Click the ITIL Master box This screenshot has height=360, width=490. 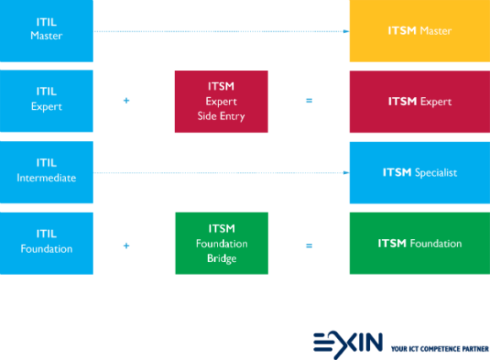tap(46, 30)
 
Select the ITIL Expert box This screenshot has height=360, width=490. tap(46, 101)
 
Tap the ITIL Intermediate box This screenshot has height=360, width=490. tap(46, 172)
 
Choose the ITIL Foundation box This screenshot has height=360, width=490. tap(46, 243)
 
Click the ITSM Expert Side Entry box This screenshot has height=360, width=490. tap(221, 101)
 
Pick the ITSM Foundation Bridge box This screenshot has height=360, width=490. tap(221, 243)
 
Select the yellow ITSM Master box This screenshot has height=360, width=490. tap(420, 30)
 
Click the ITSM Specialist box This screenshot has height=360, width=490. tap(420, 172)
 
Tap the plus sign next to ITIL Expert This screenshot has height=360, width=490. tap(126, 101)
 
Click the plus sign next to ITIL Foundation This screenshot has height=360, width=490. tap(126, 246)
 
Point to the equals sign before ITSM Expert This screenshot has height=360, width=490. tap(309, 101)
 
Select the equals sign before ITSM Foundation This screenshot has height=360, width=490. tap(309, 246)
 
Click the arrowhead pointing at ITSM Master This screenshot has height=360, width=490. tap(346, 31)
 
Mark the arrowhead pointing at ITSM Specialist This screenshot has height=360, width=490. tap(346, 172)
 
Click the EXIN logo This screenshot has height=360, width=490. tap(348, 345)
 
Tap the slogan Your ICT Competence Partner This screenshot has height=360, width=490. tap(439, 349)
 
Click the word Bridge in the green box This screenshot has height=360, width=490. tap(221, 259)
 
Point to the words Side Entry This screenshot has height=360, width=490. tap(221, 117)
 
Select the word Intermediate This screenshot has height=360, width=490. tap(46, 177)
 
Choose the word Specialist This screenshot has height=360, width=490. tap(436, 172)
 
